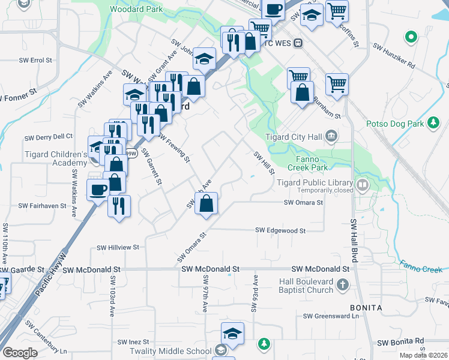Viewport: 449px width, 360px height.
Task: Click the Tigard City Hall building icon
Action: [331, 137]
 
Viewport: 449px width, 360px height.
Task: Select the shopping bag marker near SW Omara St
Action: [206, 203]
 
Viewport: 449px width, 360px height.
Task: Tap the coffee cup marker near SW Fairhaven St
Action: [98, 191]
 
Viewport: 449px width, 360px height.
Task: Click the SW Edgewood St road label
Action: [280, 230]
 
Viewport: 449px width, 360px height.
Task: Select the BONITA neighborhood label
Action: [366, 308]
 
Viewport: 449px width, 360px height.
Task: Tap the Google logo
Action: [20, 353]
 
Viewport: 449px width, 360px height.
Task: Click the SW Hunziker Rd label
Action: [394, 54]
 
